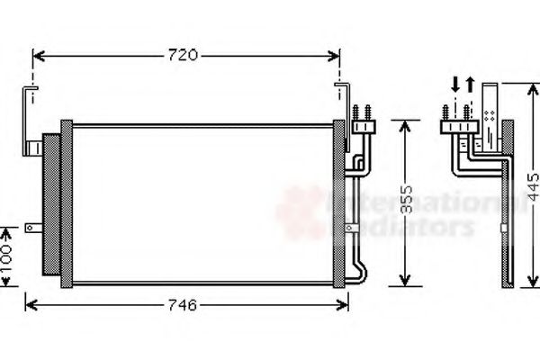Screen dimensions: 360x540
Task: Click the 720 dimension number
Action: pyautogui.click(x=183, y=56)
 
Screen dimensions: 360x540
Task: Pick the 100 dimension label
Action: pyautogui.click(x=6, y=256)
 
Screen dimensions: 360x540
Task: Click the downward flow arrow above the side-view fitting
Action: pyautogui.click(x=455, y=86)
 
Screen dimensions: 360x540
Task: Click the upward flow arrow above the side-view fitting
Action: pyautogui.click(x=468, y=86)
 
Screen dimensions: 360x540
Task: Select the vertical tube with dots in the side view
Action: pyautogui.click(x=490, y=112)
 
